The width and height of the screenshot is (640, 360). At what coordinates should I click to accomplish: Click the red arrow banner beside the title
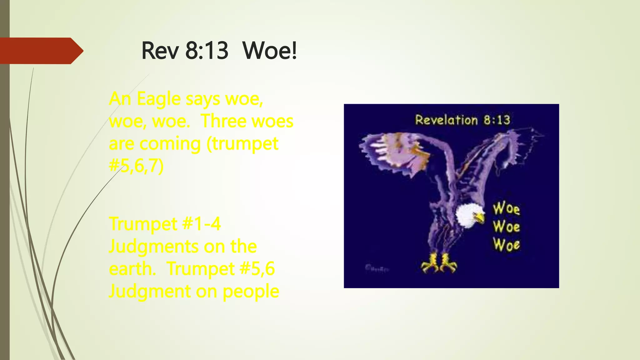point(41,51)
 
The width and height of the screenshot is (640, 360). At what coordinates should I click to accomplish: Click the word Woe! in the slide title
point(269,51)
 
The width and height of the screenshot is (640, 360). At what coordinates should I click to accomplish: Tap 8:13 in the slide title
point(207,51)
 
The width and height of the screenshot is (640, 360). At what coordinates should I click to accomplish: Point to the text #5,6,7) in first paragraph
point(136,166)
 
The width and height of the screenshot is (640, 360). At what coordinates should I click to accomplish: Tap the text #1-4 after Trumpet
point(202,224)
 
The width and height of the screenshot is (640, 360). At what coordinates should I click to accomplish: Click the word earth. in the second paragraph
point(132,269)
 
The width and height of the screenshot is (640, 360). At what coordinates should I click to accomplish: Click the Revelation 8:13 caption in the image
point(462,120)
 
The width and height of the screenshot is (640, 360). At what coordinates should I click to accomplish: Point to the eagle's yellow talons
point(439,263)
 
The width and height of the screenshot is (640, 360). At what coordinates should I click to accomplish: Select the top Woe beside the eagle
point(506,208)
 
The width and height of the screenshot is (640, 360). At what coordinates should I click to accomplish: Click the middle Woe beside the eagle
point(506,227)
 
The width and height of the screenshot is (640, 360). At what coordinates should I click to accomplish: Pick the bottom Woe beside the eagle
point(506,245)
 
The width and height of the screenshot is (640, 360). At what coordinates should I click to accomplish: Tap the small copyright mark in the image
point(376,268)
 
